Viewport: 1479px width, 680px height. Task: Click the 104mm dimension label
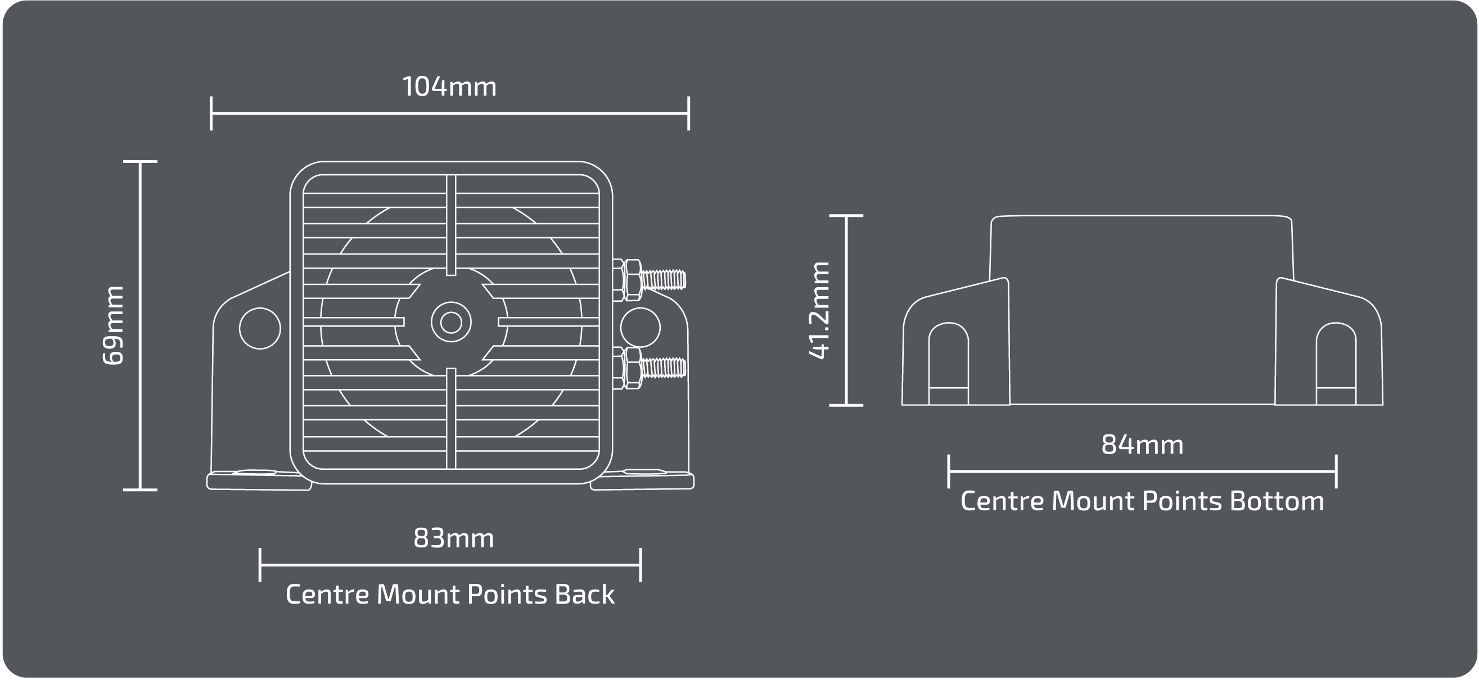[x=449, y=87]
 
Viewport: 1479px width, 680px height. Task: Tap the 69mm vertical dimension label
[x=112, y=325]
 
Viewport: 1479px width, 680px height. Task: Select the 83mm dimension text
[x=454, y=538]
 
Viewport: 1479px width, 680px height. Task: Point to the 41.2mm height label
[x=819, y=310]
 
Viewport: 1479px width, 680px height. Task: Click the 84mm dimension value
[x=1142, y=445]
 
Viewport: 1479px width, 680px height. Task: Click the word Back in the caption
[x=584, y=595]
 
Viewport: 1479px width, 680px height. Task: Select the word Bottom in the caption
[x=1277, y=501]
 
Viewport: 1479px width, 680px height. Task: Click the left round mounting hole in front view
[x=259, y=328]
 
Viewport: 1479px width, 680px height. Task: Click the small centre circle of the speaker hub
[x=450, y=323]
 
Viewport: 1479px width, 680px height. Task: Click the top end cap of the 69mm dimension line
[x=140, y=162]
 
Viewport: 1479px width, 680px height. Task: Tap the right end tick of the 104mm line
[x=688, y=114]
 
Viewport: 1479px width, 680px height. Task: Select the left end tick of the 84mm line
[x=949, y=472]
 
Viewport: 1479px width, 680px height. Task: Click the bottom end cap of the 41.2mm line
[x=846, y=405]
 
